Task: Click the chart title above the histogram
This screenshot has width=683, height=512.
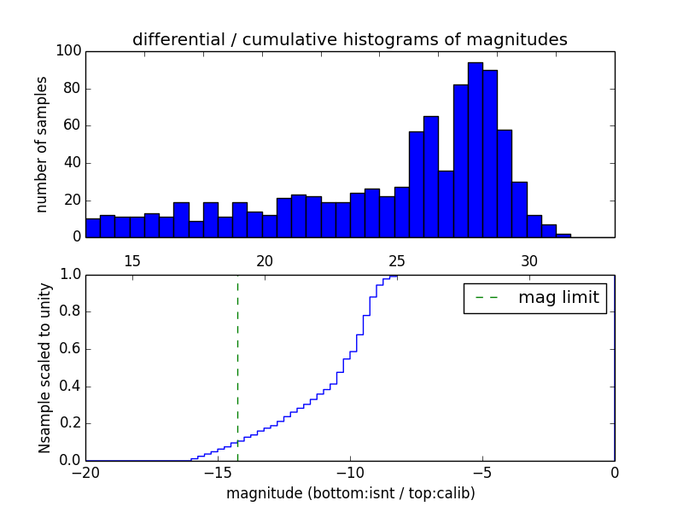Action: click(349, 40)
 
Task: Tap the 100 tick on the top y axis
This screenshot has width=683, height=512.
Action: click(69, 51)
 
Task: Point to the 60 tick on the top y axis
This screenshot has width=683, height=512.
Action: click(73, 125)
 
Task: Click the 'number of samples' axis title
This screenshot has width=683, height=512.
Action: click(42, 144)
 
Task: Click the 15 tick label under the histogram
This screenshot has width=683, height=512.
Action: click(132, 260)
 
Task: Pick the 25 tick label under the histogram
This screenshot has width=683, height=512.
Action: click(397, 260)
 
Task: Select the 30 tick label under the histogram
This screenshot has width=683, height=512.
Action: click(529, 260)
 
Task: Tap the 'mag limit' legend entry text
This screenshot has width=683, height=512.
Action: click(558, 298)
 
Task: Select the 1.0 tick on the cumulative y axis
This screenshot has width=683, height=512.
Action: click(69, 275)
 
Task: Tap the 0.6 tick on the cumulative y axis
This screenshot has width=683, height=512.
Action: click(69, 349)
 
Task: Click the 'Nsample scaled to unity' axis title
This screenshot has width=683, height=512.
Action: click(45, 367)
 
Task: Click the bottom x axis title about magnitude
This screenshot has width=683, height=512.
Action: click(350, 493)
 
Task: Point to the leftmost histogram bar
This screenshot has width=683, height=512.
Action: click(92, 228)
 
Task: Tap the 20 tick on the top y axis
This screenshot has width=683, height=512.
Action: click(73, 200)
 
